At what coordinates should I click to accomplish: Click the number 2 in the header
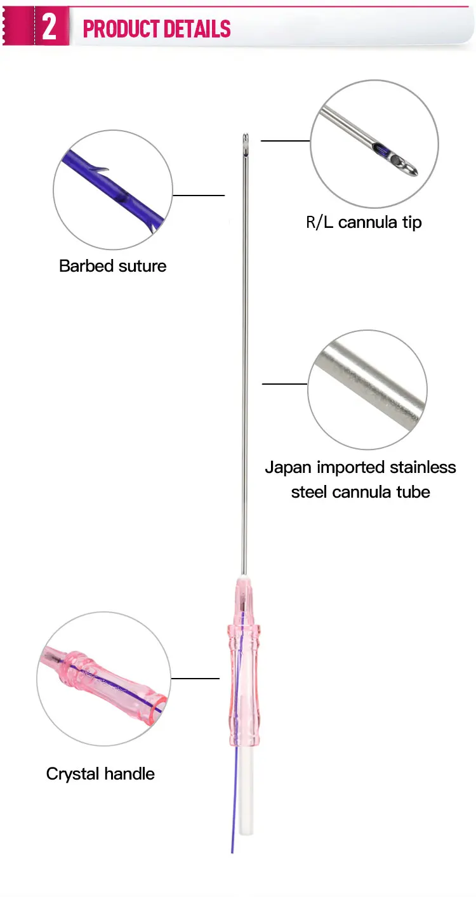pyautogui.click(x=50, y=27)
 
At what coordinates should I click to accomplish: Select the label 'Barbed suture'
pyautogui.click(x=112, y=266)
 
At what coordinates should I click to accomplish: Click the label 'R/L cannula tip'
pyautogui.click(x=364, y=222)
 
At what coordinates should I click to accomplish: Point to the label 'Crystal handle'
pyautogui.click(x=100, y=774)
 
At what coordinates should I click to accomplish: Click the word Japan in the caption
pyautogui.click(x=288, y=468)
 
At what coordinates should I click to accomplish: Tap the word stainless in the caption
pyautogui.click(x=423, y=467)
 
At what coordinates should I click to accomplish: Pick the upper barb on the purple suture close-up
pyautogui.click(x=98, y=169)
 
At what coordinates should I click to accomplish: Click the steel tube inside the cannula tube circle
pyautogui.click(x=368, y=387)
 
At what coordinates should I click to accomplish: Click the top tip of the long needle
pyautogui.click(x=246, y=134)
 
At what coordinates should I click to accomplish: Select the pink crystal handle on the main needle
pyautogui.click(x=244, y=663)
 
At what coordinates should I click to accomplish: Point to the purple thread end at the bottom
pyautogui.click(x=232, y=852)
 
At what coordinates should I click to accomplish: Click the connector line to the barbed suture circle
pyautogui.click(x=199, y=196)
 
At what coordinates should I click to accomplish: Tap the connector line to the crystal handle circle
pyautogui.click(x=195, y=679)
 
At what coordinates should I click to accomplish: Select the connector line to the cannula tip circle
pyautogui.click(x=286, y=141)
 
